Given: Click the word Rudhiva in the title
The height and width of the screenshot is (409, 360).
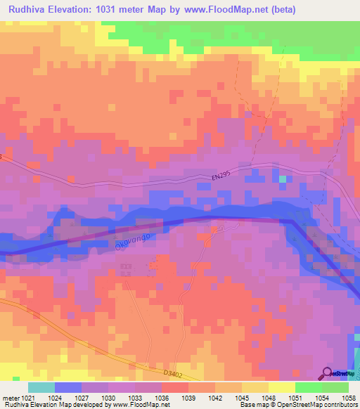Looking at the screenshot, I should coord(31,10).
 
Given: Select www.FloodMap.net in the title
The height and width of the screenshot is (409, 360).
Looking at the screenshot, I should coord(223,10).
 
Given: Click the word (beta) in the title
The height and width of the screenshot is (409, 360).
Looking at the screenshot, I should coord(278,10).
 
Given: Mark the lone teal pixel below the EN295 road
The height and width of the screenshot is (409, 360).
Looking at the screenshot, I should coord(283,179).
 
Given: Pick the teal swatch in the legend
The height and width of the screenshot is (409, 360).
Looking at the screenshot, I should coord(41,387).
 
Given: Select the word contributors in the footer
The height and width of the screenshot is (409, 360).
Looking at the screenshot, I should coord(340,405).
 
